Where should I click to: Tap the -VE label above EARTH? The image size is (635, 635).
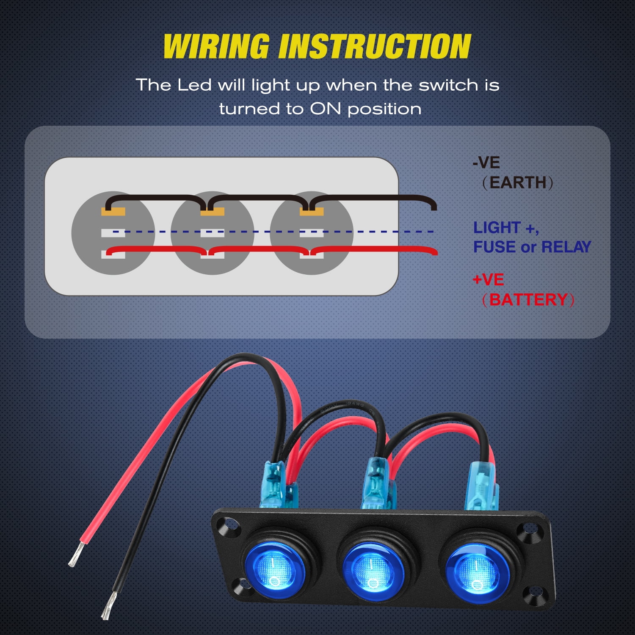tap(486, 163)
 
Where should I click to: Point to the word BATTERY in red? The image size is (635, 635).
tap(528, 300)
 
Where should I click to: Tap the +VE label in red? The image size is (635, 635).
tap(488, 280)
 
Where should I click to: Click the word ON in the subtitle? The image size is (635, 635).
tap(325, 109)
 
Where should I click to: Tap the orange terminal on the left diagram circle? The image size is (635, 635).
tap(113, 212)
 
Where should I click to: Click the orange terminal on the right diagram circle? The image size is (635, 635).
tap(311, 212)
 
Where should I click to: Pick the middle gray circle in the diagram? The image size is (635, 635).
tap(212, 233)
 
